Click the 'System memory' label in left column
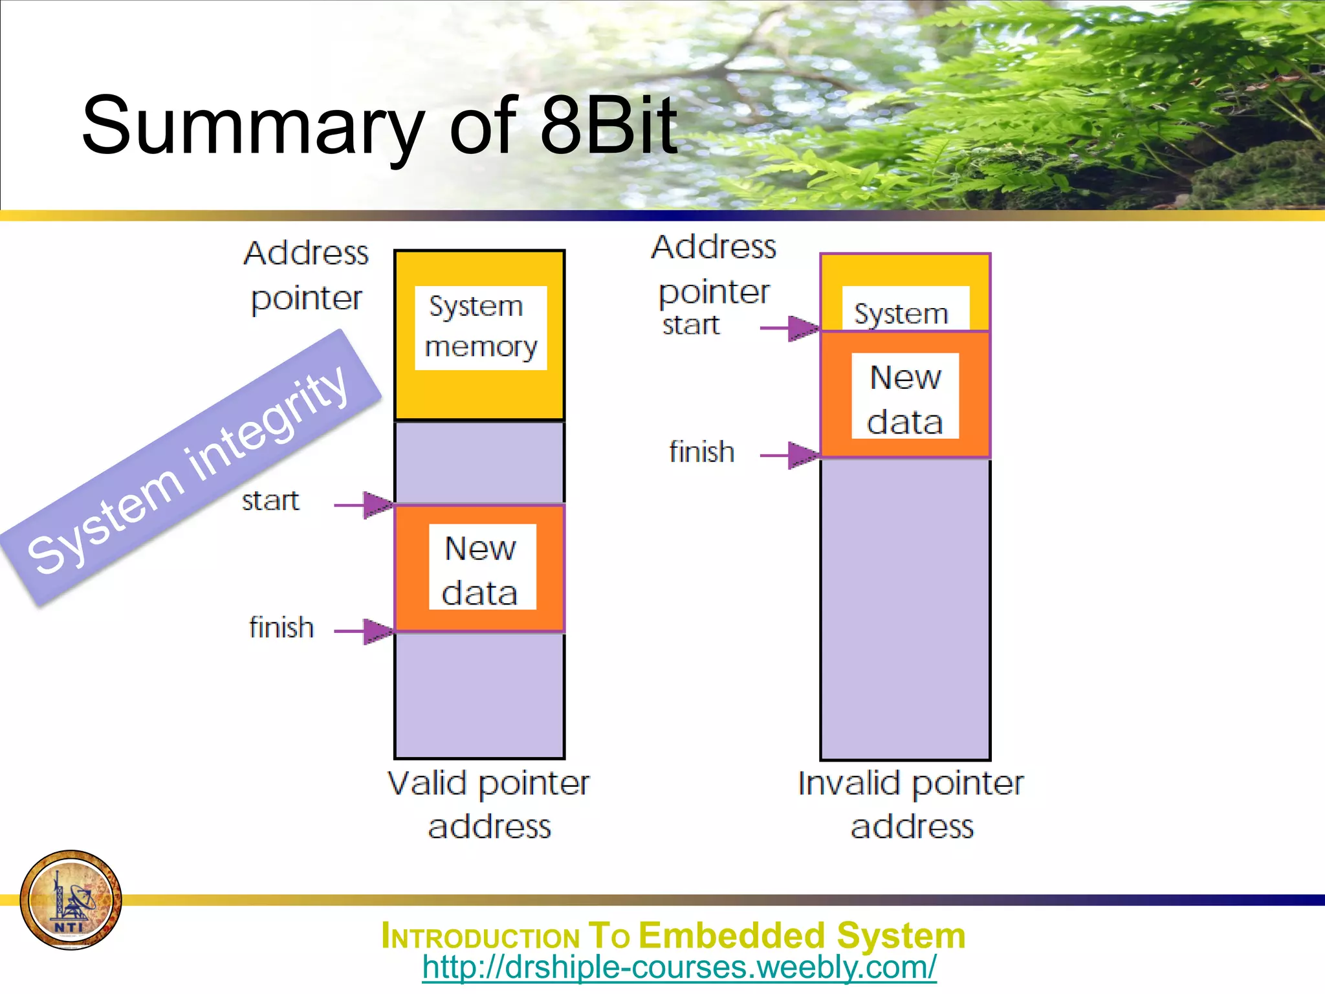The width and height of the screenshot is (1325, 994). [x=481, y=327]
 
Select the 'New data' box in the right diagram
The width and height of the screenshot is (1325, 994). [x=905, y=396]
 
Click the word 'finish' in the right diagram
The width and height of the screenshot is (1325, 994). [x=701, y=452]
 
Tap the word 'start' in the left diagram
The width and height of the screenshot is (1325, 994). [x=270, y=501]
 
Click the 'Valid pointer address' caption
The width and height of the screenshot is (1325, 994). [x=489, y=804]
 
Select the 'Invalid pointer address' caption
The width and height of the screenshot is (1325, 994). [x=911, y=804]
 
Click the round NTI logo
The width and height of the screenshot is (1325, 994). [x=71, y=900]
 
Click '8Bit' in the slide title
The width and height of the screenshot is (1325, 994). [x=608, y=126]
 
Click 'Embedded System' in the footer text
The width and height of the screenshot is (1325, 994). [x=802, y=936]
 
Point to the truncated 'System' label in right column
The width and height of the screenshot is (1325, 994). [x=901, y=314]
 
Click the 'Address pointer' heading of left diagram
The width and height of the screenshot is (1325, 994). [x=306, y=276]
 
